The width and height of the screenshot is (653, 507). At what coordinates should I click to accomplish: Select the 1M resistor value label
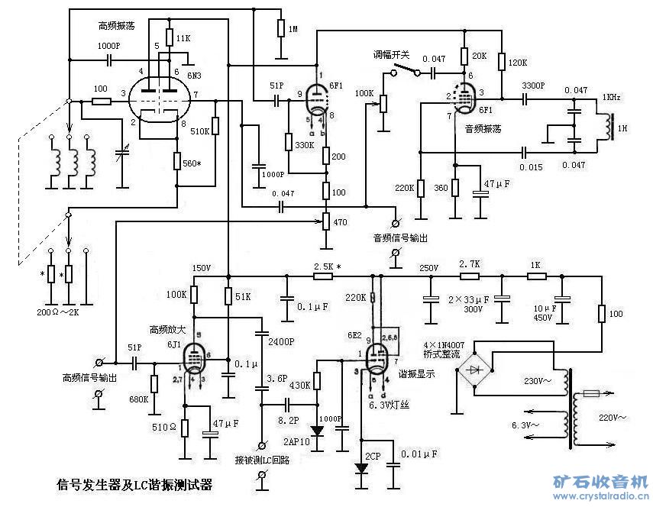click(293, 30)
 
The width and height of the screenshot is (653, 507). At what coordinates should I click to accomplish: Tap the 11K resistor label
click(183, 37)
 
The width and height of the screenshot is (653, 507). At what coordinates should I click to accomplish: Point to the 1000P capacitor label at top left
click(108, 46)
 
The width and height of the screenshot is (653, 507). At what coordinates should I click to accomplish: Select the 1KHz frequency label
click(611, 98)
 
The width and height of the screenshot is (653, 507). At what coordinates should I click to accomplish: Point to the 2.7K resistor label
click(469, 263)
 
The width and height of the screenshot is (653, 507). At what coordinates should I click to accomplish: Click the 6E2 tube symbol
click(377, 357)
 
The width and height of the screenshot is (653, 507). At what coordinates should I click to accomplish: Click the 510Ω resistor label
click(163, 426)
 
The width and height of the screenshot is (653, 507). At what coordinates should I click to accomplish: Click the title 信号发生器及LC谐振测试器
click(134, 484)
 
